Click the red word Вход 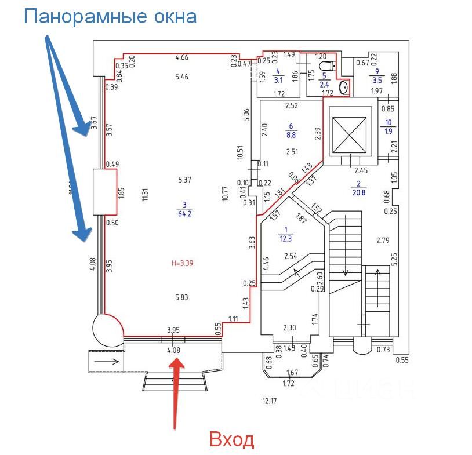point(231,439)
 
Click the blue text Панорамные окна point(110,16)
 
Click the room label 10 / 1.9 point(388,126)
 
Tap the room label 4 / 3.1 point(278,77)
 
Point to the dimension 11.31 point(145,195)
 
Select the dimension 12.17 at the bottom point(270,401)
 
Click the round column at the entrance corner point(107,329)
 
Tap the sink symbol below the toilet point(344,88)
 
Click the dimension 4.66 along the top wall point(181,57)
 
